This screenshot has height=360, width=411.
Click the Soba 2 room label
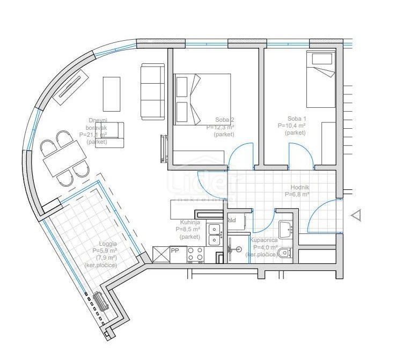click(x=224, y=120)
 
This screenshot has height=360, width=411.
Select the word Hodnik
click(x=296, y=187)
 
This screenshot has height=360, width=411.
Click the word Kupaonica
click(x=264, y=240)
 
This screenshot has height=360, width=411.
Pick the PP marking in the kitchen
click(x=175, y=250)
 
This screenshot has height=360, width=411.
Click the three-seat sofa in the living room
click(x=152, y=91)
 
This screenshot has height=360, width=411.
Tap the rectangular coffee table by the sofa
click(x=112, y=94)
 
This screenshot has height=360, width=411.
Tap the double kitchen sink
click(x=215, y=234)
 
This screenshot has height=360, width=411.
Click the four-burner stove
click(x=195, y=254)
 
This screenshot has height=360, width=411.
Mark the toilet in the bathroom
click(x=285, y=252)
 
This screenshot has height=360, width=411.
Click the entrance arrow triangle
click(x=356, y=216)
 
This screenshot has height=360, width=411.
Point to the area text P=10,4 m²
click(x=292, y=126)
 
